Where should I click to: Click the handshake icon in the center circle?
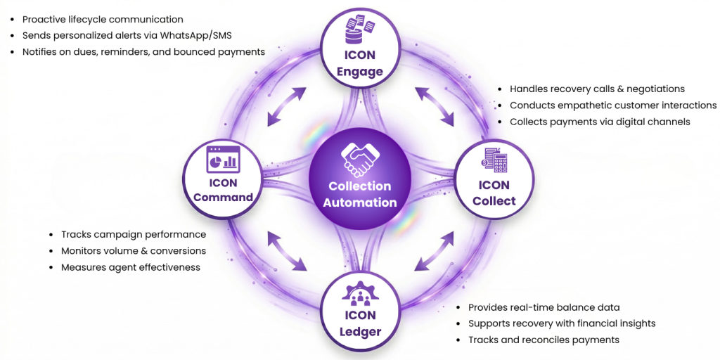[x=359, y=160]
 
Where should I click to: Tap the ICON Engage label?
[x=359, y=63]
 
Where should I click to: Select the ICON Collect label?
[x=494, y=193]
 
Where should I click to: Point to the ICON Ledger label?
[x=360, y=323]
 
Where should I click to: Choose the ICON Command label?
[x=223, y=190]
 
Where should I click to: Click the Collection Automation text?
[x=360, y=194]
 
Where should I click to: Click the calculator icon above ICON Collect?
[x=495, y=161]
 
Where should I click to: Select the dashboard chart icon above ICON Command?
[x=223, y=160]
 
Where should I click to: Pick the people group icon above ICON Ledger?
[x=360, y=294]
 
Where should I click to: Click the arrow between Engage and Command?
[x=287, y=107]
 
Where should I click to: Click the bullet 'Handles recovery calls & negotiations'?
[x=597, y=89]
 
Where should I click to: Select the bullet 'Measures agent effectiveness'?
[x=131, y=267]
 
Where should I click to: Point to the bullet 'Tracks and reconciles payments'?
[x=544, y=340]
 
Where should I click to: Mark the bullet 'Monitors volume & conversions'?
[x=134, y=250]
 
